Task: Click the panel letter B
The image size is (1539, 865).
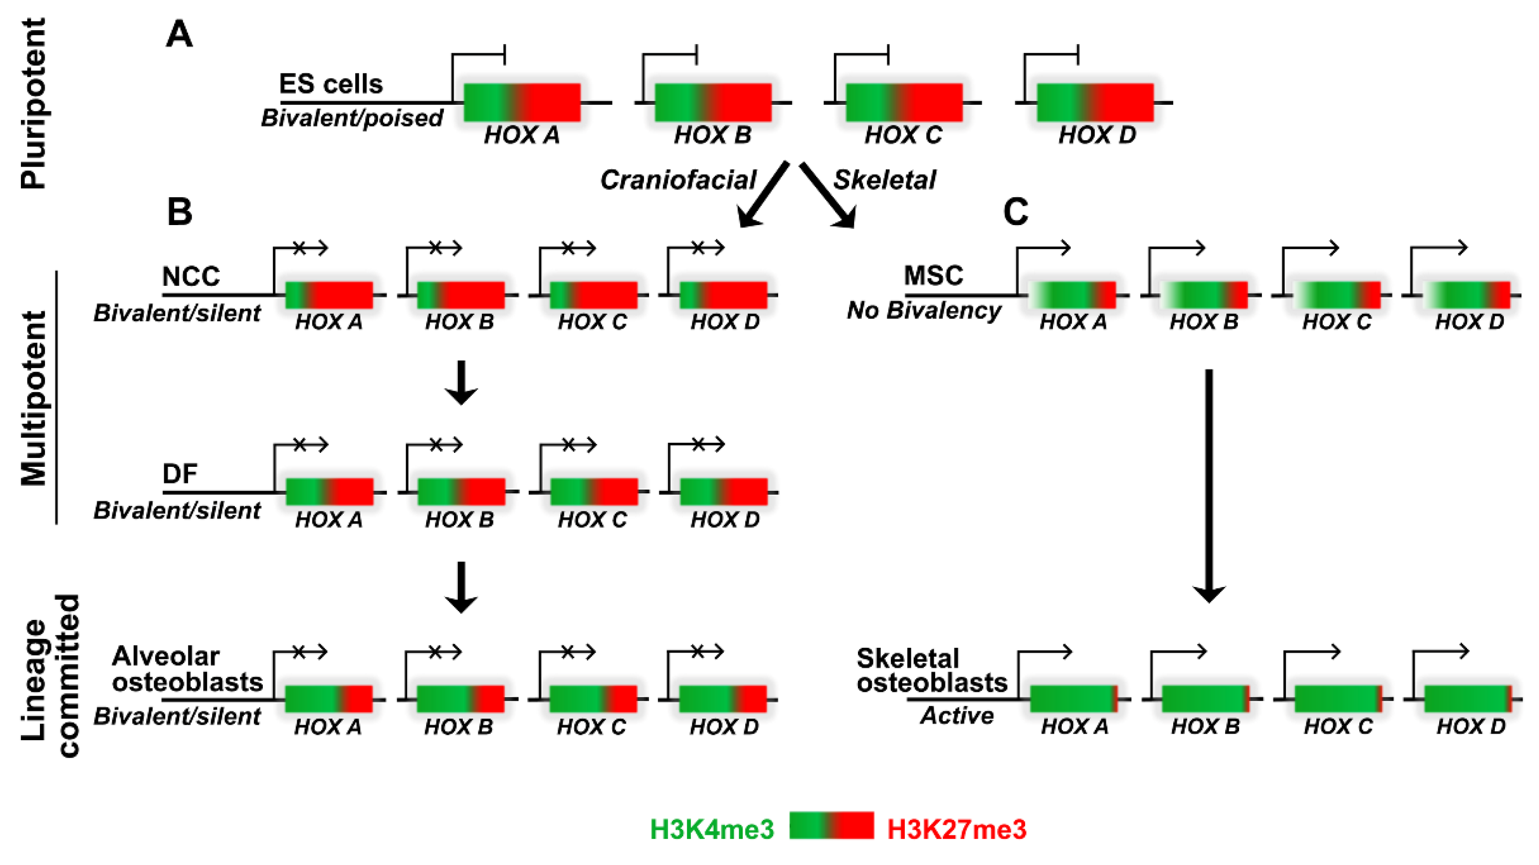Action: click(179, 212)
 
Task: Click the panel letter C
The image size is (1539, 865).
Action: click(1016, 212)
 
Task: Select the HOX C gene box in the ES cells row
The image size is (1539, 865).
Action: click(904, 103)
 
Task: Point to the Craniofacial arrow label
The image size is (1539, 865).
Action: click(678, 180)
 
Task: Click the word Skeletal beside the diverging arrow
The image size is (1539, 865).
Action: click(884, 180)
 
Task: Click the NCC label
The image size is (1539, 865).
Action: click(191, 276)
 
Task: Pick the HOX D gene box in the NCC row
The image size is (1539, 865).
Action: click(723, 295)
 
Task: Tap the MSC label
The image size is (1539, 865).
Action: click(933, 275)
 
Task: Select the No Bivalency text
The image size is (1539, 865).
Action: click(924, 310)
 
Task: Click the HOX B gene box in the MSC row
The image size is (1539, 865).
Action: click(1203, 295)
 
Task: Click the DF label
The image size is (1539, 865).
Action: click(180, 474)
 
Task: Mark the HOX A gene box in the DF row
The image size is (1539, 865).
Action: click(329, 491)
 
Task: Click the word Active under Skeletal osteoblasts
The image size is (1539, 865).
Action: click(957, 716)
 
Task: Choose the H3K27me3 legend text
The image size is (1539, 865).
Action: click(956, 829)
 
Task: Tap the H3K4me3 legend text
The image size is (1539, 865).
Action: click(712, 829)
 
